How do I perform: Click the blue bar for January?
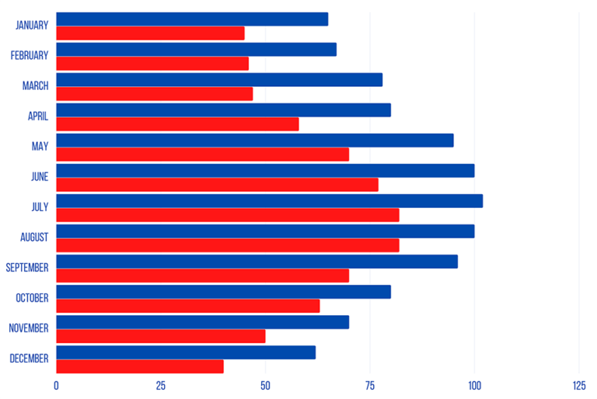(x=192, y=19)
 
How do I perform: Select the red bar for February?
(x=152, y=64)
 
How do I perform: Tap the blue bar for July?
(x=269, y=201)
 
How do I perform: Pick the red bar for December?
(x=140, y=366)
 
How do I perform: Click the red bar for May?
(x=202, y=154)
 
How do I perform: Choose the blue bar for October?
(x=223, y=292)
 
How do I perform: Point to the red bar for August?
(x=228, y=245)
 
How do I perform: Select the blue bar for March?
(x=219, y=80)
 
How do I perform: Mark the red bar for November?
(x=161, y=336)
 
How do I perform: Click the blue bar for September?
(x=257, y=262)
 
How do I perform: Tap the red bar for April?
(x=177, y=124)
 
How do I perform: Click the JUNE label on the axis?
(x=39, y=177)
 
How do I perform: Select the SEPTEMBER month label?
(x=27, y=268)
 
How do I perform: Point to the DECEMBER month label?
(x=29, y=359)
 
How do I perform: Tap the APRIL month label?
(x=38, y=116)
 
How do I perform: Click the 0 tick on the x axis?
(x=56, y=386)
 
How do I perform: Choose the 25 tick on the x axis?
(x=161, y=386)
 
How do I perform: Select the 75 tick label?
(x=370, y=386)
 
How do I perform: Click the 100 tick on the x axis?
(x=474, y=386)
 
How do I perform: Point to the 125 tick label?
(x=578, y=386)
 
